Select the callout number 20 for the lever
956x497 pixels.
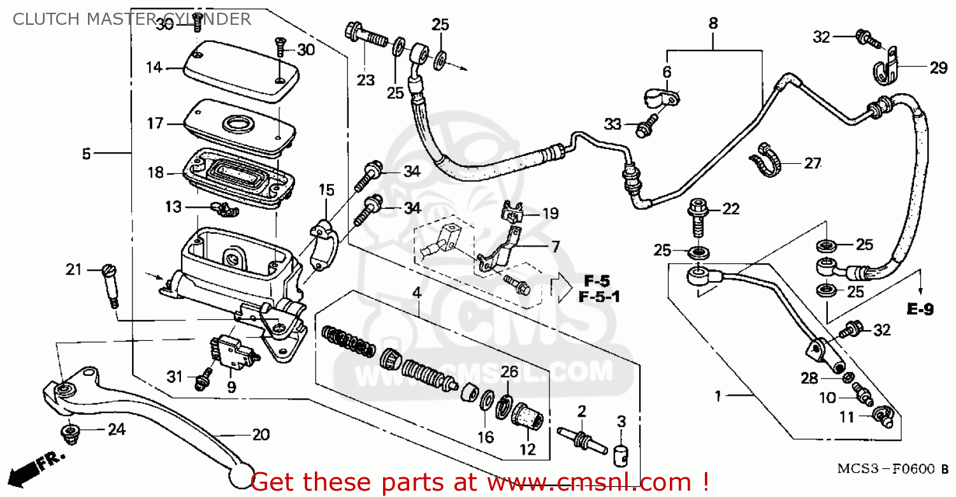pyautogui.click(x=261, y=436)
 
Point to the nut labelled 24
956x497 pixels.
pyautogui.click(x=69, y=434)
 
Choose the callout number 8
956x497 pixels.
pyautogui.click(x=713, y=24)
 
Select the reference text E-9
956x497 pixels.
pyautogui.click(x=920, y=310)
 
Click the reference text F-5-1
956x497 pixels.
pyautogui.click(x=599, y=297)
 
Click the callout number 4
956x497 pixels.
pyautogui.click(x=416, y=293)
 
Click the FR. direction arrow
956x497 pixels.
pyautogui.click(x=32, y=468)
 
